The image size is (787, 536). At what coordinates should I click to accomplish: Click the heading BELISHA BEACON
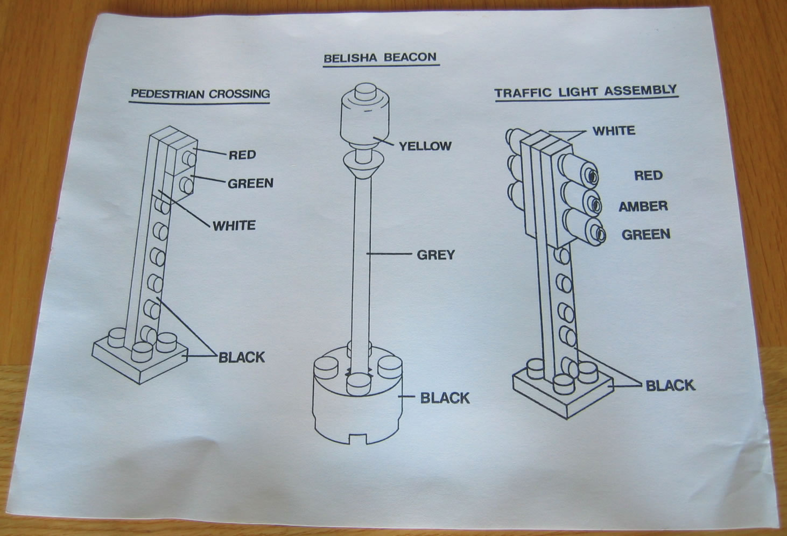(380, 58)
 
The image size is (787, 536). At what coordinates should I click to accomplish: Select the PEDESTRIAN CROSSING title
(200, 94)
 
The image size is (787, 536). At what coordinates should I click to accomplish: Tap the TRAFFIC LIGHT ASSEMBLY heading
(585, 91)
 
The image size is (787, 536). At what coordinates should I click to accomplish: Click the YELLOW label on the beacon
(425, 146)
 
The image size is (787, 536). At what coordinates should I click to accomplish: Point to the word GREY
(435, 255)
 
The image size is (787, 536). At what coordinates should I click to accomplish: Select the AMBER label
(643, 206)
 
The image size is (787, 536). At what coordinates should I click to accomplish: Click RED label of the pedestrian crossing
(242, 155)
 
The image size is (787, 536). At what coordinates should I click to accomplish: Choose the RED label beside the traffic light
(648, 175)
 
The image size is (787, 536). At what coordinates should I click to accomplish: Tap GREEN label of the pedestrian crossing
(250, 184)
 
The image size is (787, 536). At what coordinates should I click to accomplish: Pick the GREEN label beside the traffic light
(646, 235)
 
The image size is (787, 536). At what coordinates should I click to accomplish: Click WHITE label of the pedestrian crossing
(234, 225)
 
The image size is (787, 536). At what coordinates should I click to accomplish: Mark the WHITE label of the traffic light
(614, 131)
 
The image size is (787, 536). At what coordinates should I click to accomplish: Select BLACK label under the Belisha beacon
(445, 398)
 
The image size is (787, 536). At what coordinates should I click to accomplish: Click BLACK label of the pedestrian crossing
(241, 357)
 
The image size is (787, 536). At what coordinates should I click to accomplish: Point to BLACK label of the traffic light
(670, 385)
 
